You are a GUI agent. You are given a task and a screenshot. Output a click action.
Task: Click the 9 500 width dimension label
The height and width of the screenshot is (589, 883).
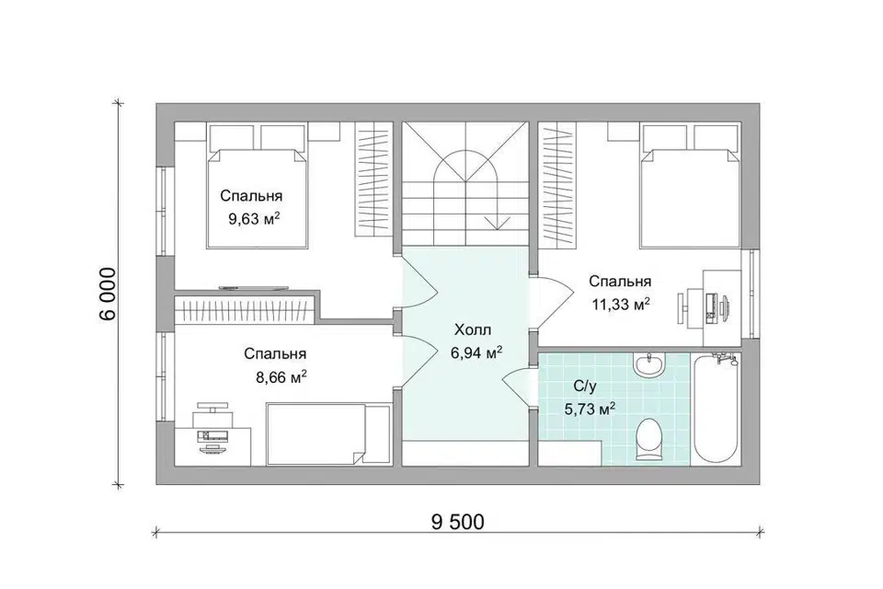pos(457,523)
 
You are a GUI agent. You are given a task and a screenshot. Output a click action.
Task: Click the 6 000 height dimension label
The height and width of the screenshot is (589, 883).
pos(108,293)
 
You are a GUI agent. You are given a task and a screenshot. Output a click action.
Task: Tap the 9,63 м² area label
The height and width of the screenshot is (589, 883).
pos(254,219)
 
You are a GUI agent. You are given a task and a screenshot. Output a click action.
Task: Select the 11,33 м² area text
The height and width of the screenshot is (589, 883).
pos(621,305)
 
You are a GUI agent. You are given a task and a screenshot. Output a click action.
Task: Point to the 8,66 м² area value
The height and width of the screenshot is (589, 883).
pos(281,377)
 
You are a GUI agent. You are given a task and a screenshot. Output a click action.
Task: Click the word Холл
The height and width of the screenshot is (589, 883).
pos(473,329)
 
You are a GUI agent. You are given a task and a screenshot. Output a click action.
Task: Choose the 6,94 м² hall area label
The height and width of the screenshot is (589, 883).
pos(476,353)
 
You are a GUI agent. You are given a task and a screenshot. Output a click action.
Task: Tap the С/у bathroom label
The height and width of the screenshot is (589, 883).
pos(585,387)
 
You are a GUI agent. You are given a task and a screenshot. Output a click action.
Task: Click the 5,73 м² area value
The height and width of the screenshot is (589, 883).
pos(589,409)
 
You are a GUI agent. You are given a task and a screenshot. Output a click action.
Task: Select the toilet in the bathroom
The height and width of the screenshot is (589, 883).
pos(651,439)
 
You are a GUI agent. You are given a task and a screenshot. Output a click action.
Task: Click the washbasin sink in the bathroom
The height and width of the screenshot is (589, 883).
pos(649,364)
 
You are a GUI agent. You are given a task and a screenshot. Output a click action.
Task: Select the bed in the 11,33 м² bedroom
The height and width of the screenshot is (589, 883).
pos(691,187)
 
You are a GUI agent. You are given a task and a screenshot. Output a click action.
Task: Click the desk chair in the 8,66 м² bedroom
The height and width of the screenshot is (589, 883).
pos(212,412)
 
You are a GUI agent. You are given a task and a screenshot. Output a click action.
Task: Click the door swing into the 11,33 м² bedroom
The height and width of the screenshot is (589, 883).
pos(552,302)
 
